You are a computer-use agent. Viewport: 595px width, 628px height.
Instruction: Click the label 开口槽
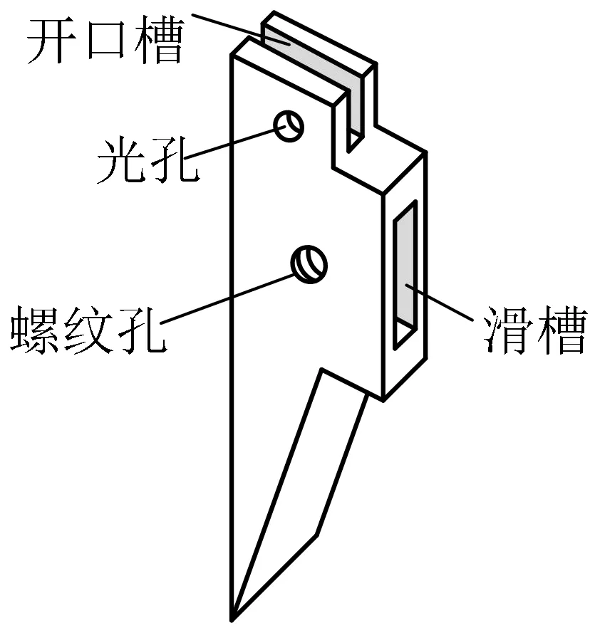(x=104, y=41)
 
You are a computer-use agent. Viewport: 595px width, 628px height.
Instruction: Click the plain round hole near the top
(x=289, y=127)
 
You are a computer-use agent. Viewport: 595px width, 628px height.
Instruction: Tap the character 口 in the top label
(x=104, y=41)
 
